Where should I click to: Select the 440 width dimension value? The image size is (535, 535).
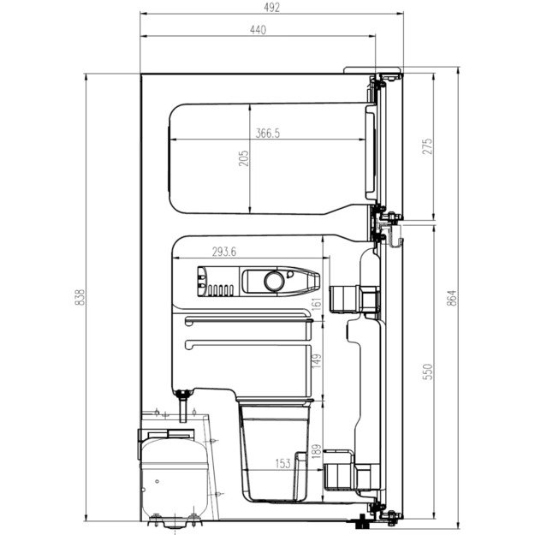tap(258, 29)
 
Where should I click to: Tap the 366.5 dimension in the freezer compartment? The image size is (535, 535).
tap(267, 133)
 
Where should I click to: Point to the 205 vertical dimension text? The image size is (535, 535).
tap(243, 159)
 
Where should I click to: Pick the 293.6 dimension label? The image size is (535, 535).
tap(227, 251)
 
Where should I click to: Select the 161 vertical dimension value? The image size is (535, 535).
tap(316, 302)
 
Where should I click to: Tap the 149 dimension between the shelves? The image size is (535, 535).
tap(316, 362)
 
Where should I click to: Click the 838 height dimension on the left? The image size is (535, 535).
tap(80, 296)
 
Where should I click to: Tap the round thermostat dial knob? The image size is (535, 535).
tap(273, 280)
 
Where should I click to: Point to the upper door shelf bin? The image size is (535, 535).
tap(353, 298)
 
